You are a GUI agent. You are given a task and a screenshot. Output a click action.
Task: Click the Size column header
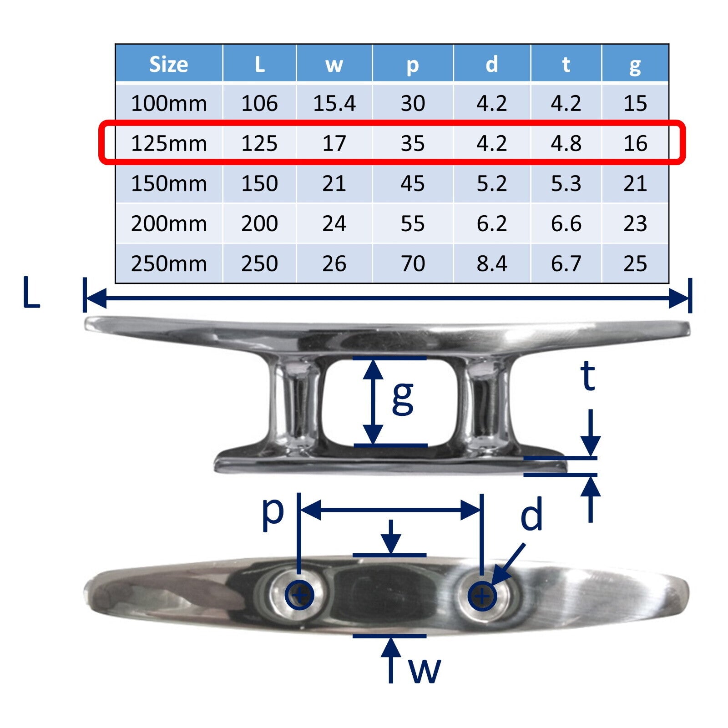click(x=168, y=64)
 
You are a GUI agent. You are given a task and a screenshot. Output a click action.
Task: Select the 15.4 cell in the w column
click(x=334, y=103)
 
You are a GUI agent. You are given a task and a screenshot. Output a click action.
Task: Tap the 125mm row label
click(x=168, y=143)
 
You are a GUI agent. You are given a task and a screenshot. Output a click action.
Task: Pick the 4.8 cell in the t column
click(x=566, y=143)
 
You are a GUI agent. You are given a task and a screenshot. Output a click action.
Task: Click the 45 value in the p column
click(x=413, y=183)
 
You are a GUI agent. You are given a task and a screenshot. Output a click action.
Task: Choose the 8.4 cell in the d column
click(x=492, y=263)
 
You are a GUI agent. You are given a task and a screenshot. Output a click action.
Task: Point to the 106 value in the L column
click(x=259, y=103)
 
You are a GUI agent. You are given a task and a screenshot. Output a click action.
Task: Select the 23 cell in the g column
click(x=635, y=223)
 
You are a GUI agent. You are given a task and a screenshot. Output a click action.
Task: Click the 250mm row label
click(x=168, y=263)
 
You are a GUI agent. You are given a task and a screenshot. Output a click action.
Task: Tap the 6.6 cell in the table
click(x=566, y=223)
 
